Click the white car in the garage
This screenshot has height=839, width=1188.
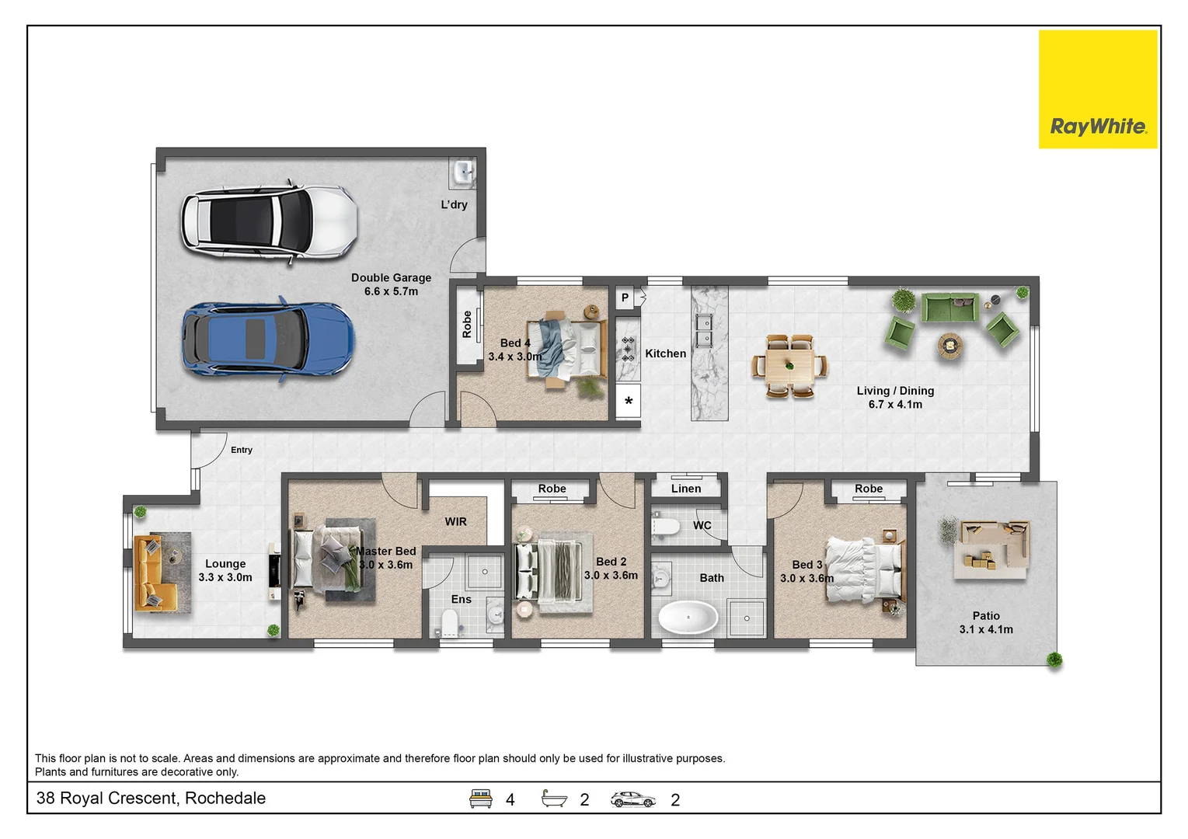click(x=270, y=221)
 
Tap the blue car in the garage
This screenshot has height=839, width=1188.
click(x=268, y=339)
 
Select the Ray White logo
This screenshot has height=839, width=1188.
click(x=1098, y=89)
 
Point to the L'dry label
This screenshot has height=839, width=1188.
click(x=454, y=205)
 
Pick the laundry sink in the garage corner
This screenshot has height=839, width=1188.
click(x=463, y=173)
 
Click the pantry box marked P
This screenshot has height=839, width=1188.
click(x=625, y=298)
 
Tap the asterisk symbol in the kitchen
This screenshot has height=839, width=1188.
click(x=629, y=401)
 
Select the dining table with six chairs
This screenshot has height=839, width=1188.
click(x=789, y=366)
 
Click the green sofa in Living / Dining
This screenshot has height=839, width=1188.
click(x=950, y=308)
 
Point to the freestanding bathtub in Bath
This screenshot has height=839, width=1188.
click(x=688, y=618)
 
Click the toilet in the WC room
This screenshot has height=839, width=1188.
click(x=665, y=526)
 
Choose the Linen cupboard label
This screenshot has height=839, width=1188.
click(x=686, y=489)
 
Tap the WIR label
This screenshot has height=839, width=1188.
click(x=455, y=522)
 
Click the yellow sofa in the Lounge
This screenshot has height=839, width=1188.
click(x=155, y=573)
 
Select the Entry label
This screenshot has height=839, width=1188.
click(x=242, y=450)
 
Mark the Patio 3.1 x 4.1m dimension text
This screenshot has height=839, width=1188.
click(x=986, y=629)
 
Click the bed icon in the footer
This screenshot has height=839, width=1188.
click(x=480, y=799)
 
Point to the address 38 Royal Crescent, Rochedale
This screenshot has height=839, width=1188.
click(x=151, y=798)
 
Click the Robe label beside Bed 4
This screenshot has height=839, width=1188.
click(x=467, y=325)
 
